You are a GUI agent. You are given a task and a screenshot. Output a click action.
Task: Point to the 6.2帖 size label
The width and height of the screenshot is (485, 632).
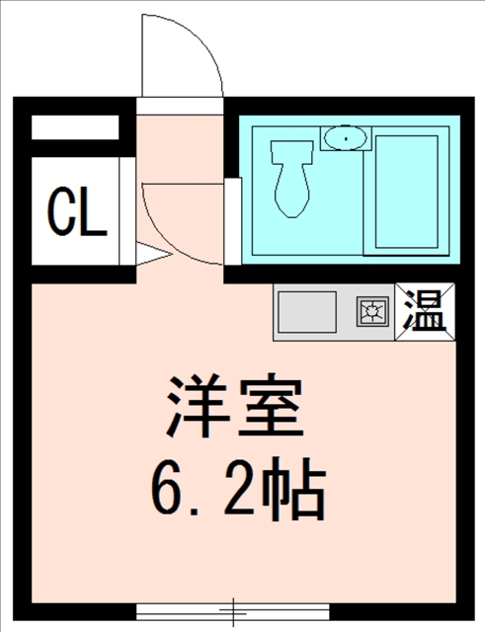[238, 484]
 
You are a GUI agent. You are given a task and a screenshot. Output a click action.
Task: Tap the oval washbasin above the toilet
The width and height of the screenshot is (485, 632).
[344, 138]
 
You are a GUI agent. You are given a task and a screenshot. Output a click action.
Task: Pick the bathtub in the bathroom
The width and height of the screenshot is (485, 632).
[408, 192]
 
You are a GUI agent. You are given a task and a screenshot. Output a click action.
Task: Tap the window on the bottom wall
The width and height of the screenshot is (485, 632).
[233, 609]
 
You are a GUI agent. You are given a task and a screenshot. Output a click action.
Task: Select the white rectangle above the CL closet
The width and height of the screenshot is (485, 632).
[75, 127]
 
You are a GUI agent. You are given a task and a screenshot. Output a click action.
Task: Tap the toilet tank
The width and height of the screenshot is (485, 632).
[290, 149]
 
